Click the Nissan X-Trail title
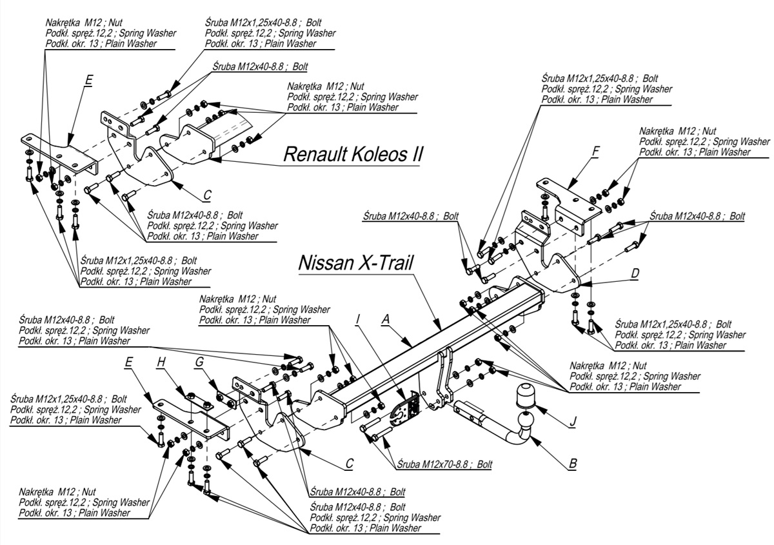[355, 263]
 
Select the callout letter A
[386, 318]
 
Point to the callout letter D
[635, 273]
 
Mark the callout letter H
[161, 363]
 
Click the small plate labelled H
[197, 403]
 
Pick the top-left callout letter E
[89, 81]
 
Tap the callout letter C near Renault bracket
[207, 194]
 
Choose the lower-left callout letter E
[129, 363]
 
